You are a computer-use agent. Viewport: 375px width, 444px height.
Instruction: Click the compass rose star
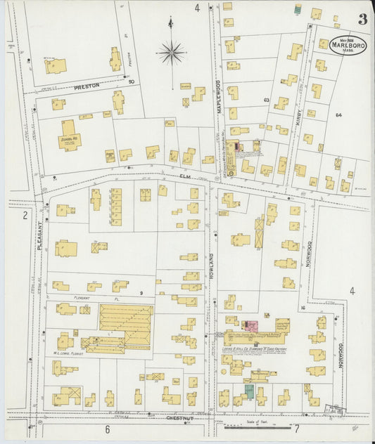[171, 51]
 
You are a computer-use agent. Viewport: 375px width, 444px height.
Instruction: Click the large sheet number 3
[362, 19]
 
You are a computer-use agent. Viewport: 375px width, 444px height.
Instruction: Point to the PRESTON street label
[87, 86]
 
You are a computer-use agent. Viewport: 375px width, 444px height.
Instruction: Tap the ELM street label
[186, 176]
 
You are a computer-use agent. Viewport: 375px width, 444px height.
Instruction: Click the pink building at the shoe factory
[249, 325]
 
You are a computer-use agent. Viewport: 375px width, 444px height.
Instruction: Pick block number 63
[267, 100]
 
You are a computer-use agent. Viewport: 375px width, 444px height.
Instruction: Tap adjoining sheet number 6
[108, 429]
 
